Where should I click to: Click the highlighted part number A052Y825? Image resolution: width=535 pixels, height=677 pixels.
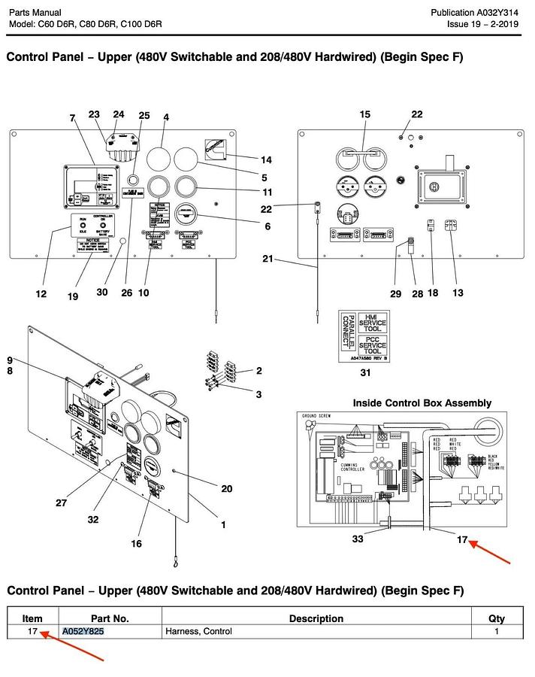click(83, 631)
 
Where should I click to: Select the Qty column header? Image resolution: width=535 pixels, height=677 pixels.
click(496, 618)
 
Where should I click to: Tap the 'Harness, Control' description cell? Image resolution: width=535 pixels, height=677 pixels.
click(198, 631)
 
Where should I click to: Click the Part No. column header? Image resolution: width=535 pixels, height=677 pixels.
click(110, 618)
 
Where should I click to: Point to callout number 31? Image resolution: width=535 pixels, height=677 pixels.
click(365, 372)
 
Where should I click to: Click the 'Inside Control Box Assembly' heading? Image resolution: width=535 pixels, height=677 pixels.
click(422, 403)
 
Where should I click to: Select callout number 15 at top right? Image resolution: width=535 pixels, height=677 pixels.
click(365, 114)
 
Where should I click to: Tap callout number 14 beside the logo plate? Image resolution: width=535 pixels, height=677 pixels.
click(266, 160)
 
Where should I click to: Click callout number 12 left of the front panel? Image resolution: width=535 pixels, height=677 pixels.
click(41, 293)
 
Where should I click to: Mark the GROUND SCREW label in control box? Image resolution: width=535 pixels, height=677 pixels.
click(316, 416)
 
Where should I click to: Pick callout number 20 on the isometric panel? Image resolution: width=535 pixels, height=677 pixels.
click(226, 488)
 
